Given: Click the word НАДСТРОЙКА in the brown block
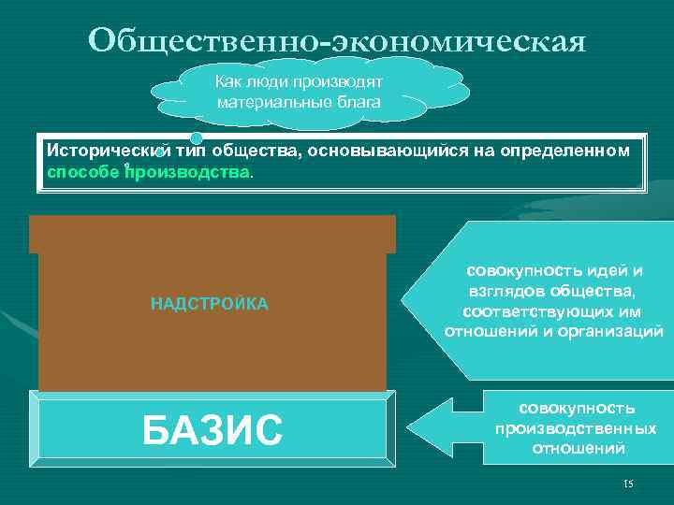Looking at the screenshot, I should pyautogui.click(x=210, y=303).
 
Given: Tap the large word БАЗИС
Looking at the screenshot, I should pyautogui.click(x=212, y=431).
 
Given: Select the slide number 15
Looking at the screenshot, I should pyautogui.click(x=627, y=483).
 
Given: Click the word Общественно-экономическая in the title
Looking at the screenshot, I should pyautogui.click(x=337, y=40).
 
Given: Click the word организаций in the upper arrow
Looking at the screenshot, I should pyautogui.click(x=616, y=332).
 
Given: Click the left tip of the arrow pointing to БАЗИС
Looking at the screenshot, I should pyautogui.click(x=405, y=431).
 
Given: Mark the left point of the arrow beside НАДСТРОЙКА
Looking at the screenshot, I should pyautogui.click(x=403, y=301).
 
